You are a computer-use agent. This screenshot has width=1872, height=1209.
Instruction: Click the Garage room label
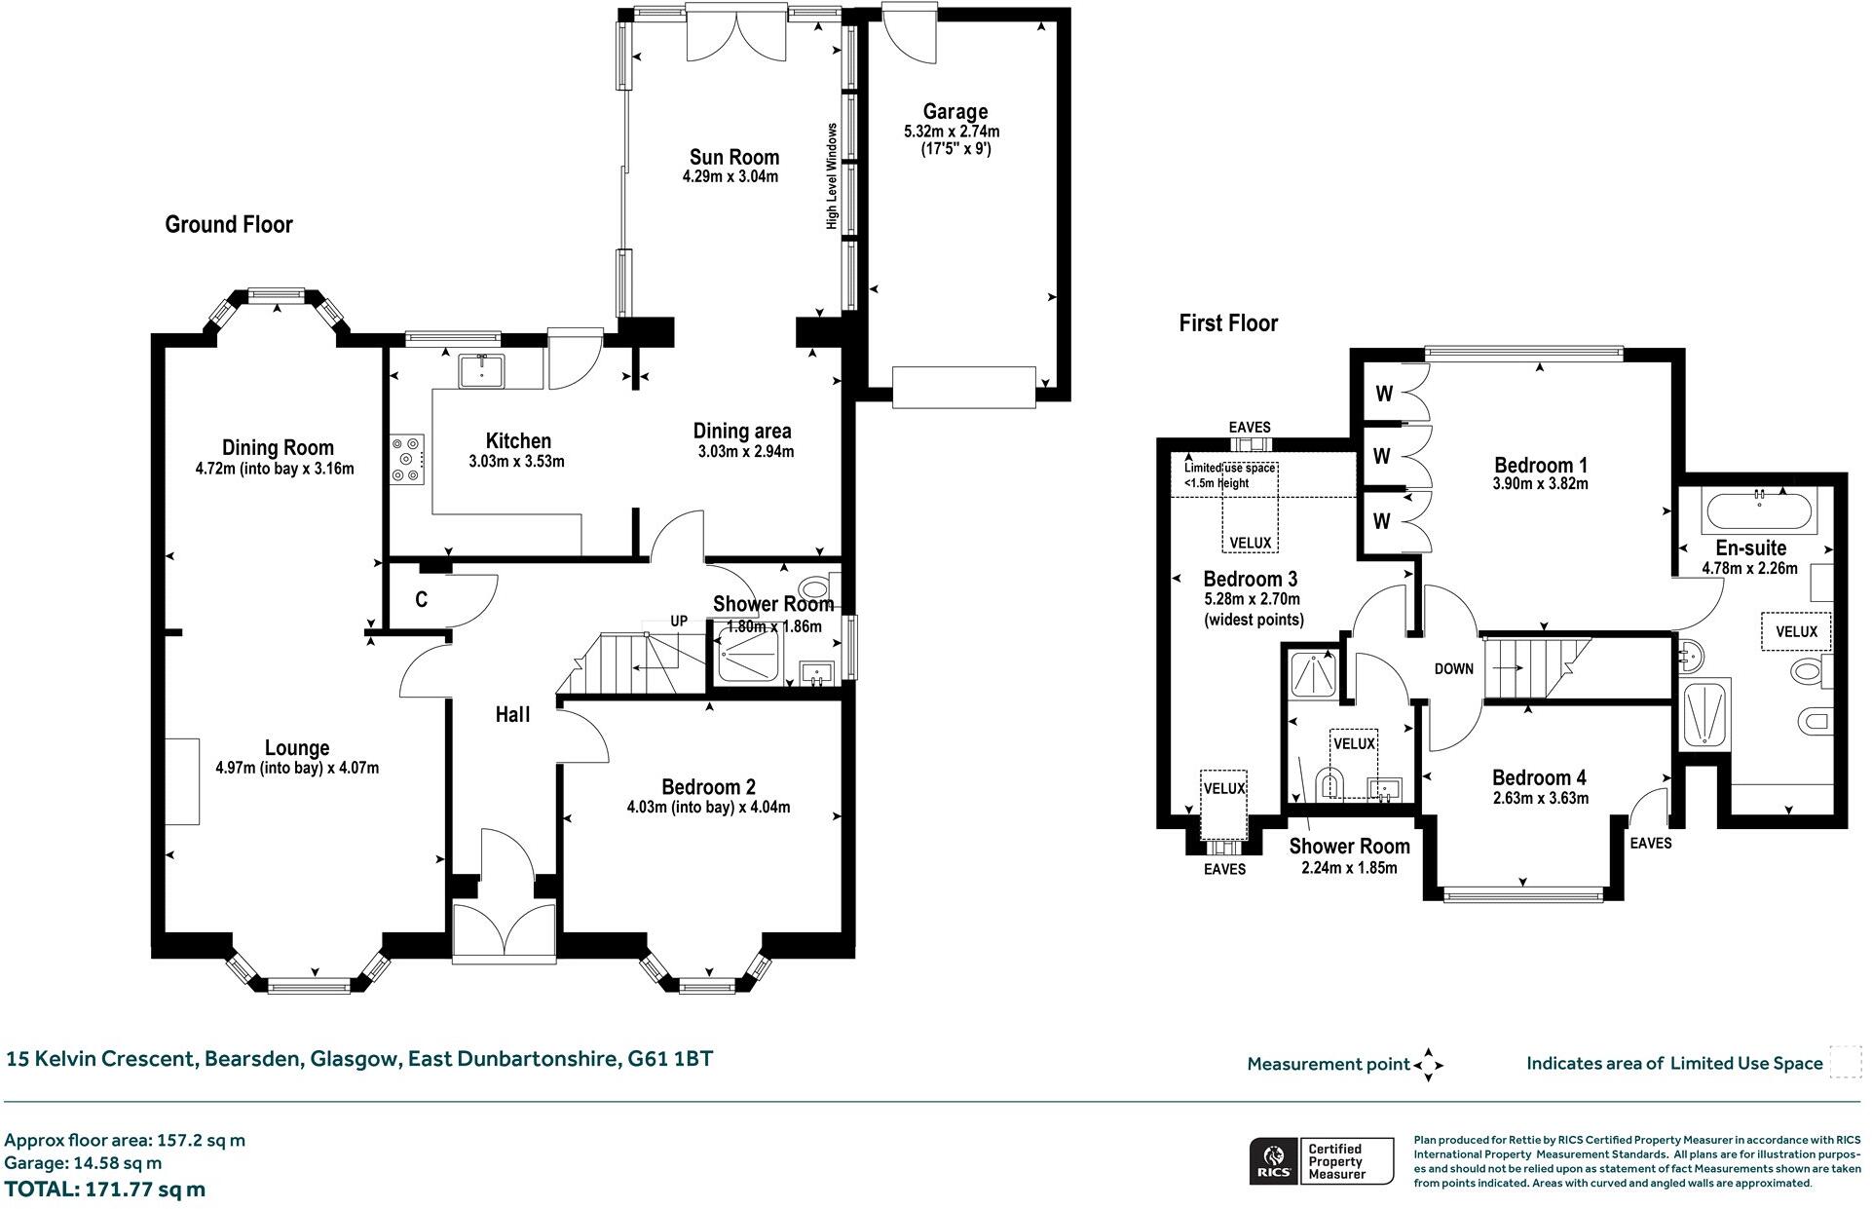coord(955,112)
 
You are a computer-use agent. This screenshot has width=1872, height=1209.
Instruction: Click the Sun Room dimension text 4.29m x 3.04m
coord(730,177)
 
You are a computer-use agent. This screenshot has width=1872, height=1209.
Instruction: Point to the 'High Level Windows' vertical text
coord(832,176)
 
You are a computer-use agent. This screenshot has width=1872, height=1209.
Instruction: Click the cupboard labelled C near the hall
coord(421,600)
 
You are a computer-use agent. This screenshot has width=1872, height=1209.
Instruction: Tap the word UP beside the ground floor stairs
coord(679,622)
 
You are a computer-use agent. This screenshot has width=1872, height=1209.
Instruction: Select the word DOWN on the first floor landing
coord(1453,669)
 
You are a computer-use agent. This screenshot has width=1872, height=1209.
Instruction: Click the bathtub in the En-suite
coord(1759,510)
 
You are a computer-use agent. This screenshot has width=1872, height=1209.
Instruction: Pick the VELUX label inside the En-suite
coord(1796,631)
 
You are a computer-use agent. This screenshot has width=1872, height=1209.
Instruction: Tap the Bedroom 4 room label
coord(1538,777)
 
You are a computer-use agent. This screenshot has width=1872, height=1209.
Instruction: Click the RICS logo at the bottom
coord(1273,1161)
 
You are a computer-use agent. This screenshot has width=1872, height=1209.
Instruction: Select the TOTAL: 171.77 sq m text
coord(105,1190)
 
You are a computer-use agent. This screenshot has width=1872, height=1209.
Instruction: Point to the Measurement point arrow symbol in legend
coord(1428,1065)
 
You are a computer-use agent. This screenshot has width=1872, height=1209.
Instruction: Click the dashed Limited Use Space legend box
coord(1845,1062)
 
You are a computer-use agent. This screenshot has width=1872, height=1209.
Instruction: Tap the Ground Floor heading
coord(229,225)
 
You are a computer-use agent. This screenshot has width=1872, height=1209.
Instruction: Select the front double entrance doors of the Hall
coord(505,932)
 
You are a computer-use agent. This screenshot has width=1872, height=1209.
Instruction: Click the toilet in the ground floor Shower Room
coord(812,588)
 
